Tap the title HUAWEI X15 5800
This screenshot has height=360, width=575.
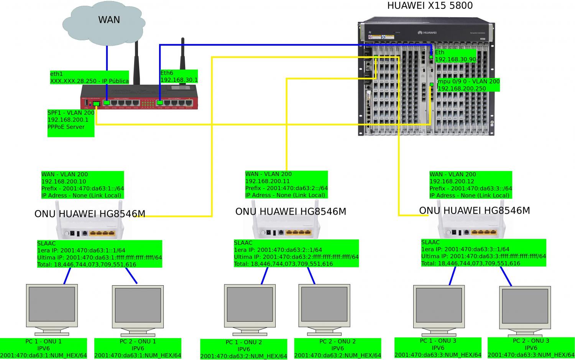[x=430, y=6]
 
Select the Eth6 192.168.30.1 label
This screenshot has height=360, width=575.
[x=179, y=76]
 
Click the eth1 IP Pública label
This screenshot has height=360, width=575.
[x=89, y=77]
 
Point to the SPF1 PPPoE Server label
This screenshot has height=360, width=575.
[x=71, y=123]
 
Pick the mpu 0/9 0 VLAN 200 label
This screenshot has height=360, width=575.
[x=468, y=85]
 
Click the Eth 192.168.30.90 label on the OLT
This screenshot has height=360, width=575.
[x=455, y=56]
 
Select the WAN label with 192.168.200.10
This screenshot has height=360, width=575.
[x=82, y=185]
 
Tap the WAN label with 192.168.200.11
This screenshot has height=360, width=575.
[x=286, y=184]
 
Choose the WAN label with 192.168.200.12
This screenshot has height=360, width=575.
[x=470, y=185]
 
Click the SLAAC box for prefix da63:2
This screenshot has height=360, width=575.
[x=296, y=253]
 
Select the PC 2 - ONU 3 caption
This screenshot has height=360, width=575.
[x=531, y=348]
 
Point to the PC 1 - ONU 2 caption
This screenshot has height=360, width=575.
[x=243, y=349]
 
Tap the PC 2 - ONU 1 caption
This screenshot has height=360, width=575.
[x=138, y=348]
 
